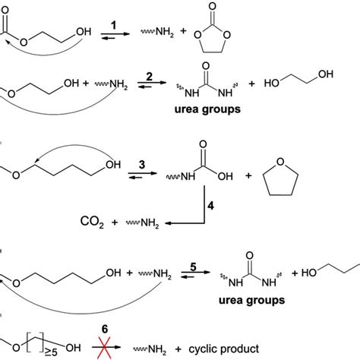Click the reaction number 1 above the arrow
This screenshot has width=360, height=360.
[x=115, y=25]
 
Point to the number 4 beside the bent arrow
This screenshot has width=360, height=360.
[x=215, y=201]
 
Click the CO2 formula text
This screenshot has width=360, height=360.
[x=90, y=223]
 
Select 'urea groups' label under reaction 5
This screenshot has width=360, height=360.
[x=254, y=300]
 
